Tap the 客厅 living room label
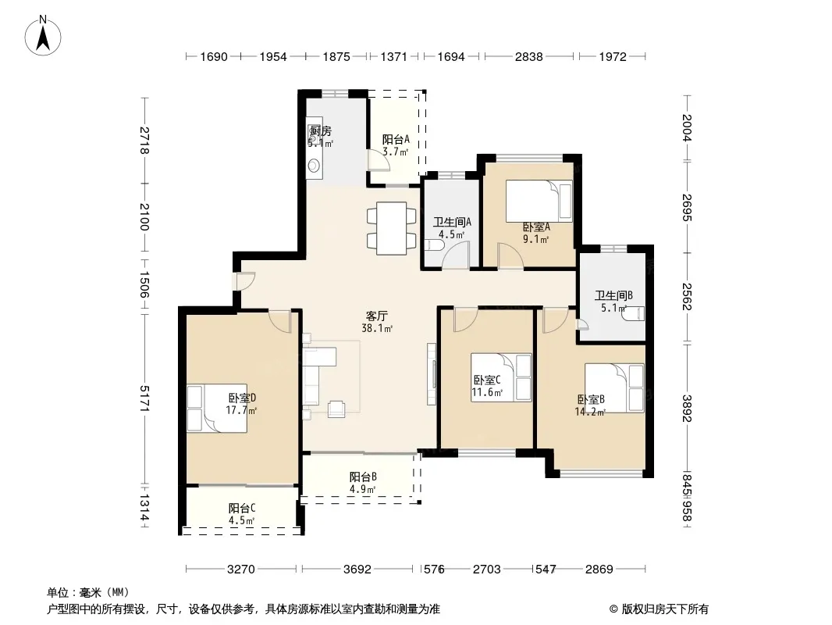[376, 316]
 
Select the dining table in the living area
[392, 228]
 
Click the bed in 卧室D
[217, 408]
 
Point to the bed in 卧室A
[539, 201]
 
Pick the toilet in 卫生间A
[433, 246]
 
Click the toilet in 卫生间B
[633, 314]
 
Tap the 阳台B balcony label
[363, 477]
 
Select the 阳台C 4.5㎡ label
[242, 514]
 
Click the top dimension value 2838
[529, 57]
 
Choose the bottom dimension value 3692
[357, 570]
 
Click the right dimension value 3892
[687, 409]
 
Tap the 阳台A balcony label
[396, 140]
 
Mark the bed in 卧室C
[501, 377]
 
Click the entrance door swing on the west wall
[246, 280]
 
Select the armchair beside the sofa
[336, 409]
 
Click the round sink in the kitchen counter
[314, 166]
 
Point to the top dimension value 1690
[214, 57]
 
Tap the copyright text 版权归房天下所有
[665, 609]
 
